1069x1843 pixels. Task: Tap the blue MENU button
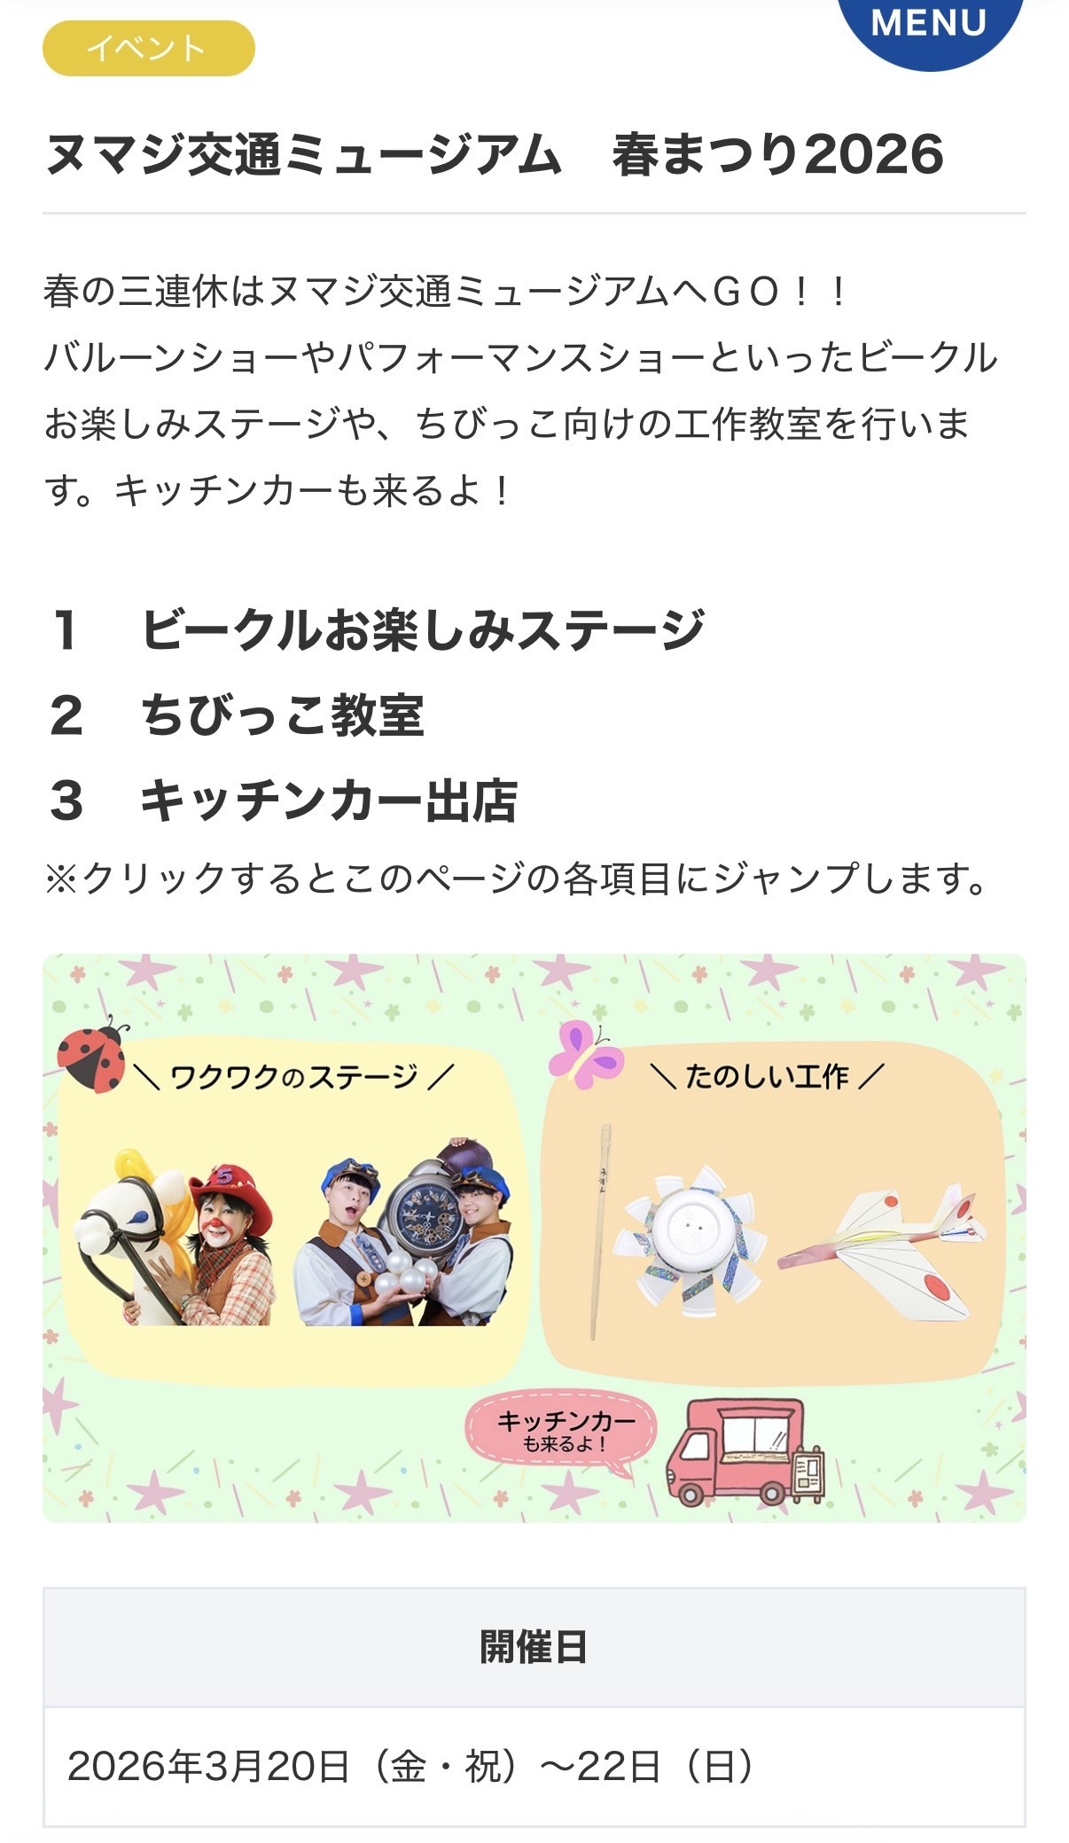(929, 27)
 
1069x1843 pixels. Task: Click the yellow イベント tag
(148, 48)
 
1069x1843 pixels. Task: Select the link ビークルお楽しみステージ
(423, 629)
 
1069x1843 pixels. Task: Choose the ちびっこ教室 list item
(283, 715)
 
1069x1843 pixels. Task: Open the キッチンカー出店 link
(329, 800)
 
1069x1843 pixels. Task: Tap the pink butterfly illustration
(585, 1053)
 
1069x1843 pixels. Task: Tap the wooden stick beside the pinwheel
(600, 1232)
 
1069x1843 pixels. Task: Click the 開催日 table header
(534, 1647)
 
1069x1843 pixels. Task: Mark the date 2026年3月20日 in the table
(208, 1767)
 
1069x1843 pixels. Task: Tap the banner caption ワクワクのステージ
(293, 1077)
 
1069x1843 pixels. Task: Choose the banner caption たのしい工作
(768, 1076)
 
